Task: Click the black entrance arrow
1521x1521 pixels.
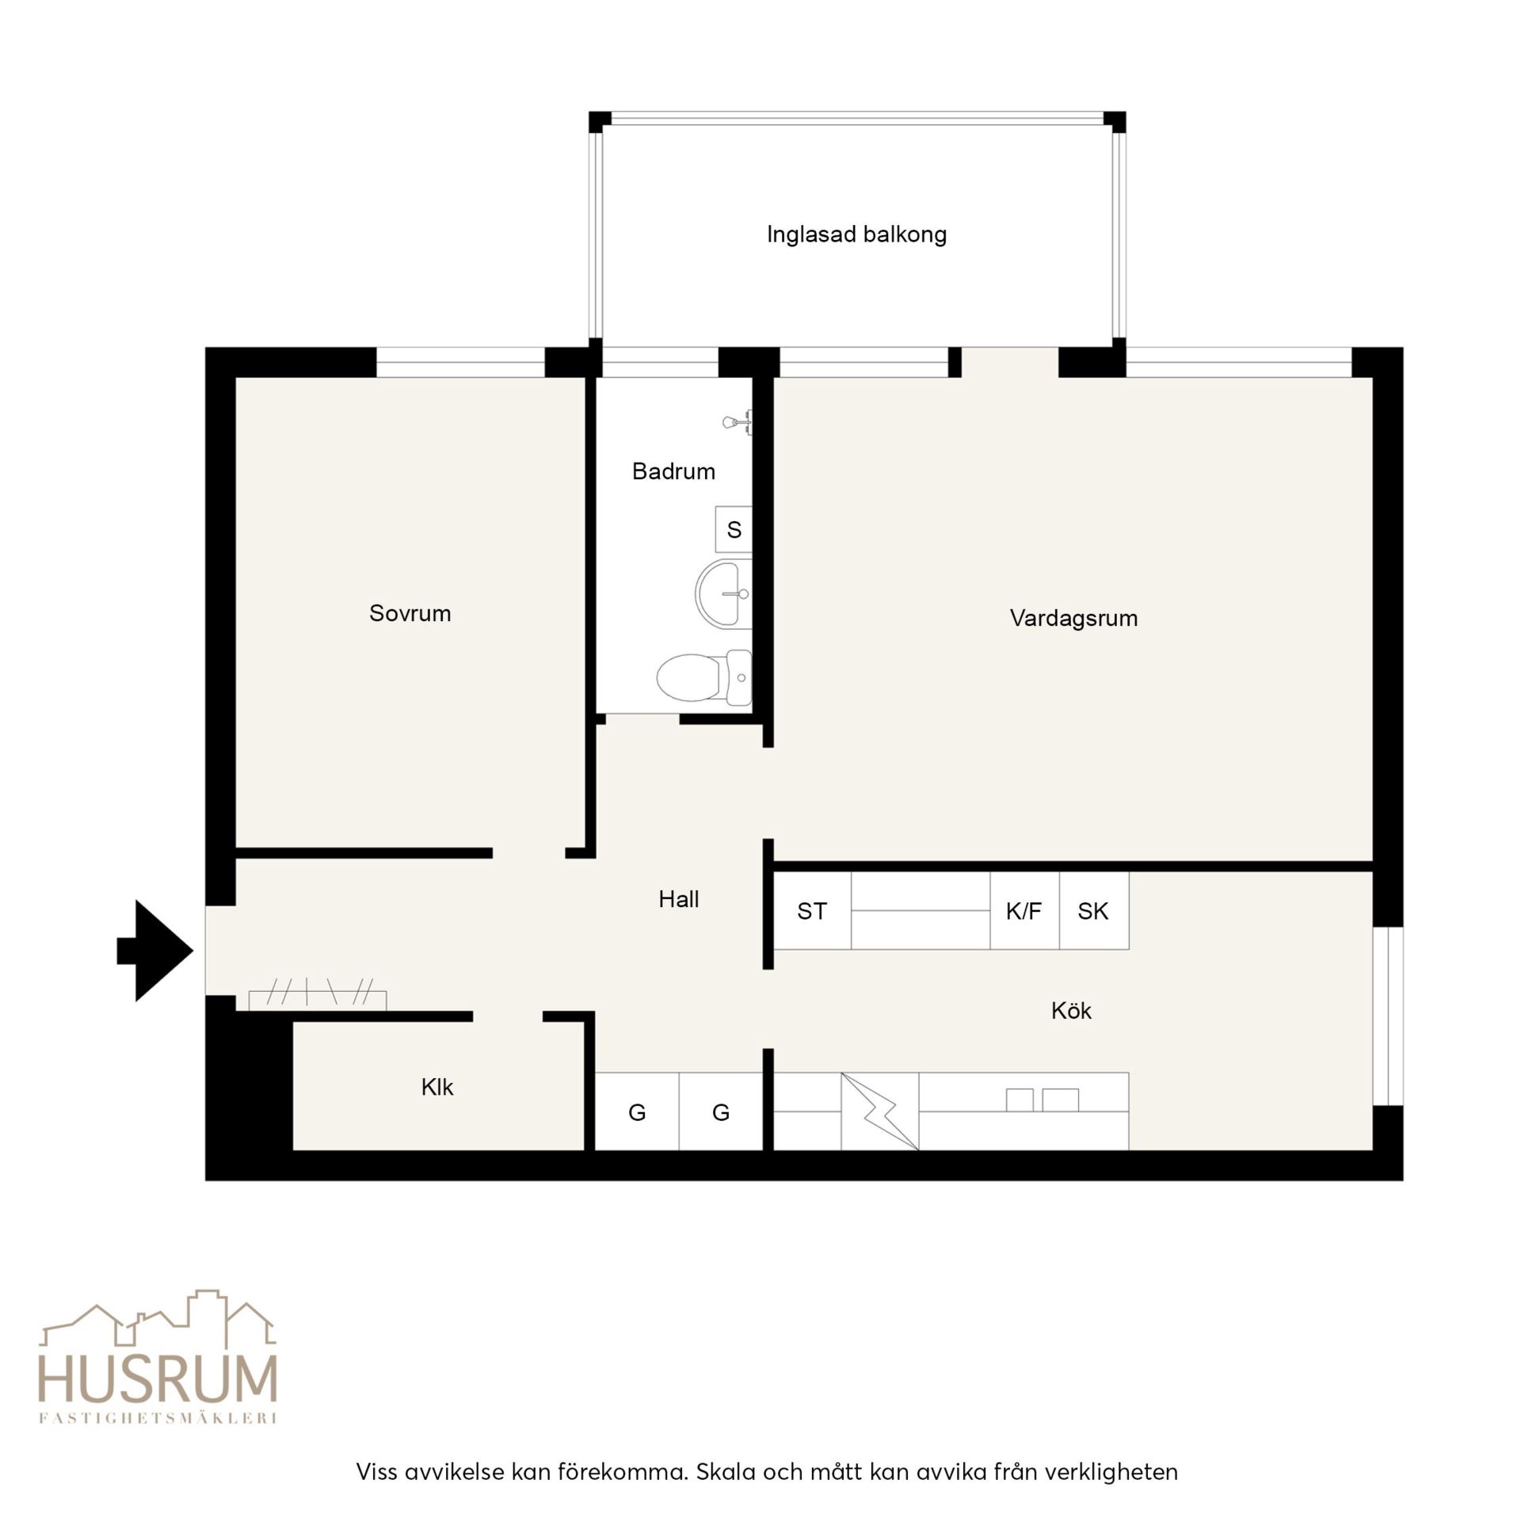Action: point(155,951)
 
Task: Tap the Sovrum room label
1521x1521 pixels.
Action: point(410,613)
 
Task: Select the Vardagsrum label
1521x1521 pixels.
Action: point(1073,619)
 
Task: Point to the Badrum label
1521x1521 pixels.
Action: point(673,471)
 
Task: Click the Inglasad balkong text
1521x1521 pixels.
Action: point(856,234)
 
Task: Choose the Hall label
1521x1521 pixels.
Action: point(679,899)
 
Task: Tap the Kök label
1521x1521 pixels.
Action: point(1071,1010)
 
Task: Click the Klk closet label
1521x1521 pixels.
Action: point(437,1087)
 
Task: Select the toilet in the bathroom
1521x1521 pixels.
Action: point(704,677)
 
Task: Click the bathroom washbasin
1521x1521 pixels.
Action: point(723,594)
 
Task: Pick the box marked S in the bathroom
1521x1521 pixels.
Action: point(734,529)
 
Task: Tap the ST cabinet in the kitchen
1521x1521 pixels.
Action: point(812,911)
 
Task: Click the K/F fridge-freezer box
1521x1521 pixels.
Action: point(1024,911)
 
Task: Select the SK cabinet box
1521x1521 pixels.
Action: point(1094,911)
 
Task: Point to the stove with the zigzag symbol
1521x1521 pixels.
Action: point(880,1111)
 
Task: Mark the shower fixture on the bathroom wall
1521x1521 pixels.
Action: point(738,423)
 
